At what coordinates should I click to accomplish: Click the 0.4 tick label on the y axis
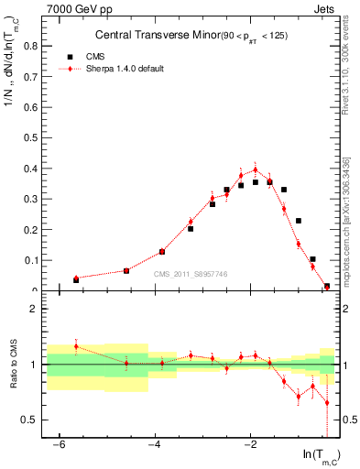[x=26, y=168]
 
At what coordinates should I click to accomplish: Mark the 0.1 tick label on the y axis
[x=26, y=260]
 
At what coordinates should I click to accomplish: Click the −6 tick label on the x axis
[x=58, y=445]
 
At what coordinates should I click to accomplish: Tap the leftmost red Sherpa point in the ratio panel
[x=76, y=346]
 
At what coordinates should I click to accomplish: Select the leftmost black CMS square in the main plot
[x=76, y=279]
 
